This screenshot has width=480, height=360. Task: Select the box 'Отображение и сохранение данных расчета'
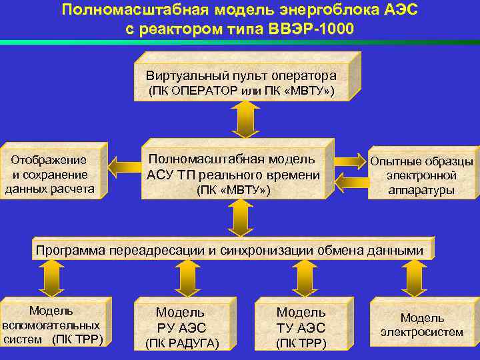(x=49, y=175)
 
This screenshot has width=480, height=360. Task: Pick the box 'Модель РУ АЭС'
(x=181, y=327)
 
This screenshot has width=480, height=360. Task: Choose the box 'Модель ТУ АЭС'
(x=301, y=327)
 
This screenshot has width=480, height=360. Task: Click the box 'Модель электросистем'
(x=421, y=325)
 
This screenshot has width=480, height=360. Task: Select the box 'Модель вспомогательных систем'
(x=51, y=325)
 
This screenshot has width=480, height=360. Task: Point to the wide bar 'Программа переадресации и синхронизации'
(x=229, y=251)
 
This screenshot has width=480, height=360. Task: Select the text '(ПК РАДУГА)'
(x=181, y=344)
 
